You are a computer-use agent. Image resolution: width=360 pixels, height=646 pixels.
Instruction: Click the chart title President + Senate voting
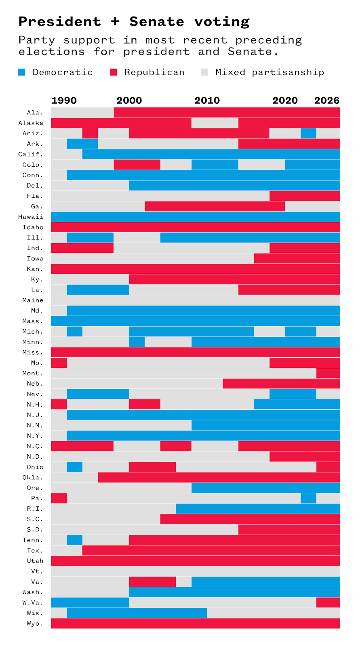tap(134, 21)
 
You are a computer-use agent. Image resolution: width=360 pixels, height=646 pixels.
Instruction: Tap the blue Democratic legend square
tap(22, 72)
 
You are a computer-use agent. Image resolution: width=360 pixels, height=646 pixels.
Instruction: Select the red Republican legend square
tap(114, 72)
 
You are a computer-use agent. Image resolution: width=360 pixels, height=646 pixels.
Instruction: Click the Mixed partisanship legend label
tap(269, 72)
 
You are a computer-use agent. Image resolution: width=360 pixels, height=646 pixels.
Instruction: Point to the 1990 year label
tap(64, 101)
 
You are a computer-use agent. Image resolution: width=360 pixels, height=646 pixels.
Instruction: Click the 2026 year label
tap(326, 101)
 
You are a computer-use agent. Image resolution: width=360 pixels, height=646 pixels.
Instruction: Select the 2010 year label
tap(207, 101)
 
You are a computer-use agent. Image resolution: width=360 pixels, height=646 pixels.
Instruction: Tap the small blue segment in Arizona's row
tap(308, 133)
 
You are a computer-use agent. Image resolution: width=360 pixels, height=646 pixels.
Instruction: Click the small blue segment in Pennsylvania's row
tap(308, 498)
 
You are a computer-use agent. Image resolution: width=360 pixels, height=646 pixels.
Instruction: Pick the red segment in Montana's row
tap(328, 373)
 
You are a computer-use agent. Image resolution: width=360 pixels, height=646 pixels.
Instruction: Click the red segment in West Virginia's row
tap(328, 602)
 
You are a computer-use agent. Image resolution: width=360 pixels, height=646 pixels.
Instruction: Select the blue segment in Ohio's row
tap(74, 467)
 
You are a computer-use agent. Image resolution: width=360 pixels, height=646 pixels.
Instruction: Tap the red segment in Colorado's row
tap(137, 165)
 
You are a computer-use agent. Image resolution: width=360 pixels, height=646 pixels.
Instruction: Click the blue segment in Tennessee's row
tap(74, 540)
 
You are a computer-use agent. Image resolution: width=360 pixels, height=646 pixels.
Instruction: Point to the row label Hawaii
tap(31, 217)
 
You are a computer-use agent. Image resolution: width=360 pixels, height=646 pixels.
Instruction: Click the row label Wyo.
tap(35, 623)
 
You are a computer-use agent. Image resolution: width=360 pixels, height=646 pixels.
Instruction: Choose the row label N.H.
tap(35, 405)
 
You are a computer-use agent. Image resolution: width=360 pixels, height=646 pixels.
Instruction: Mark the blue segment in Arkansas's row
tap(82, 144)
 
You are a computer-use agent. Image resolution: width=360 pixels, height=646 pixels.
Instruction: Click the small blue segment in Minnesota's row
tap(137, 342)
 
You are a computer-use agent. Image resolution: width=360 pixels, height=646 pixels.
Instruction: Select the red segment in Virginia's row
tap(152, 581)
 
